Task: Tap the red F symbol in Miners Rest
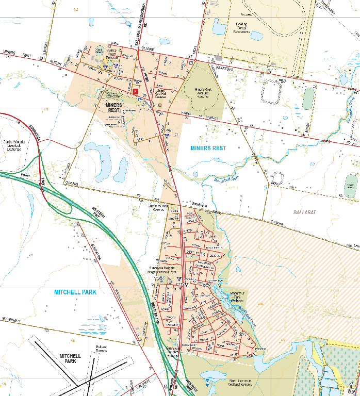coord(136,91)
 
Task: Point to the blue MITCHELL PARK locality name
coord(75,292)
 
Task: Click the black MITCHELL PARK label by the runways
coord(70,358)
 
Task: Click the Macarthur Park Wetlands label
coord(234,295)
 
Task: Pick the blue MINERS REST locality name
coord(208,147)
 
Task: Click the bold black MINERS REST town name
coord(114,107)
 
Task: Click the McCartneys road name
coord(10,321)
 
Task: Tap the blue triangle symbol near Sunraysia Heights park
coord(178,279)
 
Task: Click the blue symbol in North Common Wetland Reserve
coord(207,381)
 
